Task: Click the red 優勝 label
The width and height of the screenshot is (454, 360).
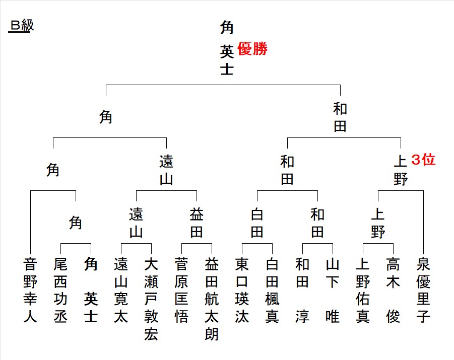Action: click(x=252, y=49)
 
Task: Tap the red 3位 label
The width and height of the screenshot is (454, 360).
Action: click(x=423, y=160)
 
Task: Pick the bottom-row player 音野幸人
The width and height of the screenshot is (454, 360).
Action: click(x=30, y=291)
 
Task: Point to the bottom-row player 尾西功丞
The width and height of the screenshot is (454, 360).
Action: click(x=60, y=291)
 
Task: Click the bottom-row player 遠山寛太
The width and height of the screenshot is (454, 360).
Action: click(x=121, y=291)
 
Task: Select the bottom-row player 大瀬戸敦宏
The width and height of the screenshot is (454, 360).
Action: click(x=151, y=299)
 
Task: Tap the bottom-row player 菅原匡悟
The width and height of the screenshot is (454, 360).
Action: click(x=181, y=291)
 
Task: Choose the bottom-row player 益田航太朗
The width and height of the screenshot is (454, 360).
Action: click(x=212, y=299)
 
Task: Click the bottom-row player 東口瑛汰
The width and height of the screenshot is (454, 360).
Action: click(x=242, y=291)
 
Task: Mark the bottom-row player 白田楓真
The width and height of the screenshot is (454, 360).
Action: click(x=272, y=291)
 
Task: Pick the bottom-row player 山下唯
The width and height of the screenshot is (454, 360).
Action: click(x=333, y=291)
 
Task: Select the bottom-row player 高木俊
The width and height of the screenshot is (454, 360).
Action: click(x=393, y=291)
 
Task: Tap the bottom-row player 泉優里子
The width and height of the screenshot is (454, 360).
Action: click(x=423, y=291)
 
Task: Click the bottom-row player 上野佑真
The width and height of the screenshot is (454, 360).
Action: click(x=363, y=291)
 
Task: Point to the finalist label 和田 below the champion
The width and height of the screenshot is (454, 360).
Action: click(x=340, y=117)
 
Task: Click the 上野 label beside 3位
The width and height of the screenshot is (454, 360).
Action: click(x=400, y=171)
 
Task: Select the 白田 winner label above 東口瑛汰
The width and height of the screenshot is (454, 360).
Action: click(x=257, y=223)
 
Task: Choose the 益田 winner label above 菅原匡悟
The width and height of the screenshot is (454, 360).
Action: click(x=197, y=223)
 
